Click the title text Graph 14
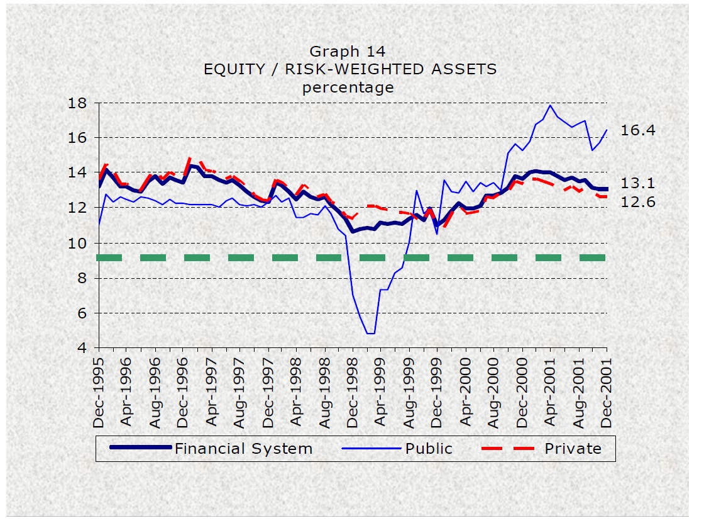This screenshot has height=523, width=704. click(x=347, y=51)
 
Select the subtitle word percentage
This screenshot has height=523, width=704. click(x=348, y=87)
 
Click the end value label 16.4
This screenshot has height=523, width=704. click(x=638, y=131)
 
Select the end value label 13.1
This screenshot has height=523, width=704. click(x=638, y=184)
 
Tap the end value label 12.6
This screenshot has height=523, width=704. click(x=638, y=202)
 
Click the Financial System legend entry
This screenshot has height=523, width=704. click(x=243, y=449)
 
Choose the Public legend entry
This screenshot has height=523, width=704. click(x=428, y=449)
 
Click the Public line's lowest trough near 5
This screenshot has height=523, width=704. click(x=371, y=333)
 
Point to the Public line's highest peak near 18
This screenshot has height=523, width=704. click(x=551, y=105)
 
